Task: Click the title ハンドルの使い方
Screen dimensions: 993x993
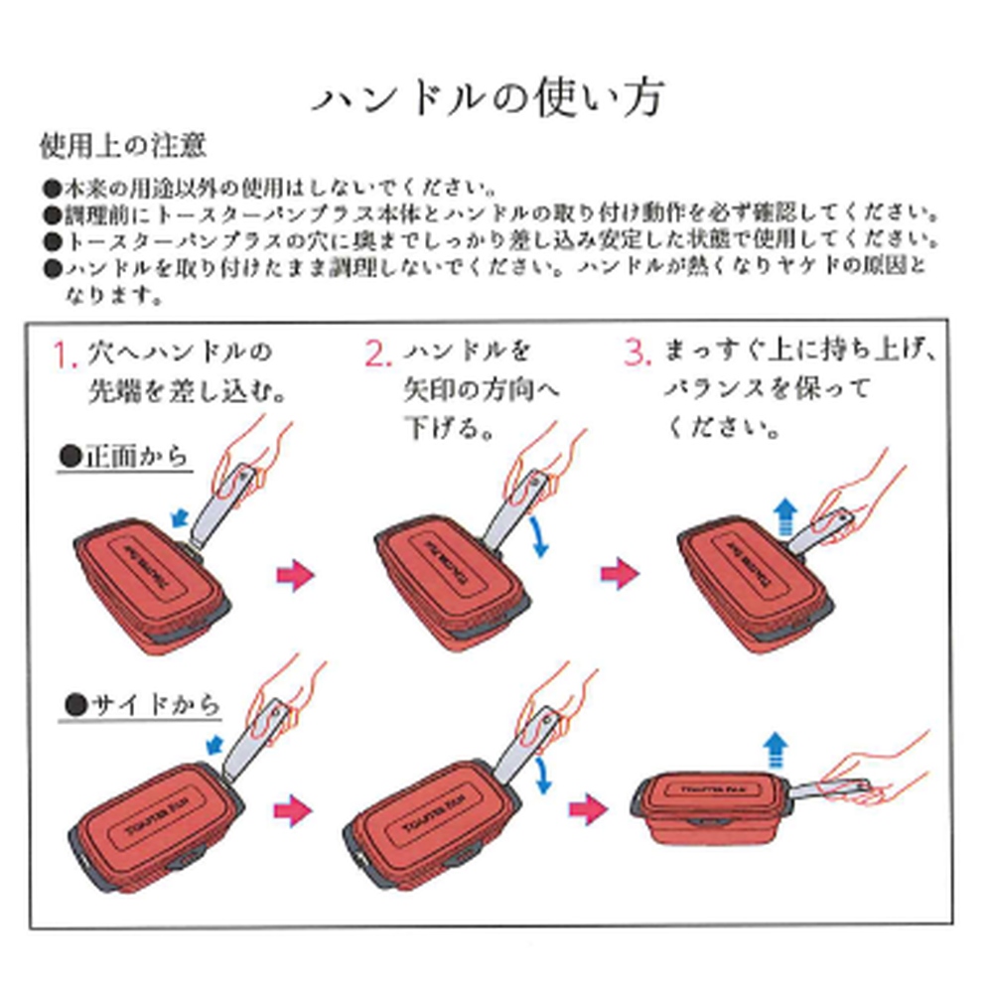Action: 489,97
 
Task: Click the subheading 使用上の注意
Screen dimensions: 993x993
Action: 122,148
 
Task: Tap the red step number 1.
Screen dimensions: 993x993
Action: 66,355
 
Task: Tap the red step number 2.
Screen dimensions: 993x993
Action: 378,355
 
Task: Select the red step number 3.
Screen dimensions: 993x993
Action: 637,355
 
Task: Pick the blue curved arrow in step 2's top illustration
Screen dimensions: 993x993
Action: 540,536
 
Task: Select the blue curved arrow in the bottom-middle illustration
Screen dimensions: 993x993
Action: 543,775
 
